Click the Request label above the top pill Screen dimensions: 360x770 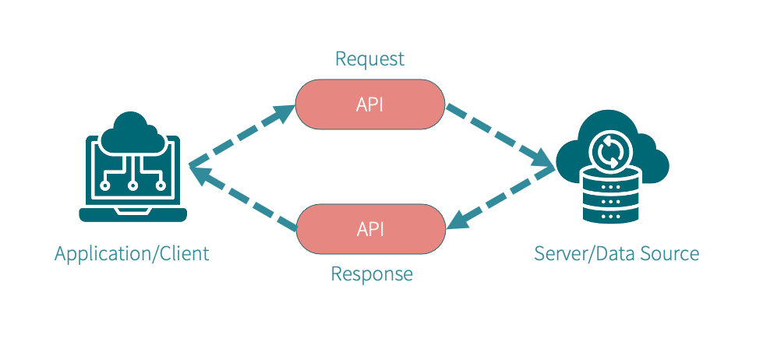369,58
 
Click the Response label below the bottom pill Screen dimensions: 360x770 371,274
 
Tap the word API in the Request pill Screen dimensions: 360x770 369,104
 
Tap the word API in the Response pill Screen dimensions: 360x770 370,228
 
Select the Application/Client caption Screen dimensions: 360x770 132,253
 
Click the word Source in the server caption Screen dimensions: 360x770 666,253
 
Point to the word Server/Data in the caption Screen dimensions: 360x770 581,253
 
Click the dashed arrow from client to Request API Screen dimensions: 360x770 242,136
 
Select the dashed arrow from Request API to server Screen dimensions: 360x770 499,136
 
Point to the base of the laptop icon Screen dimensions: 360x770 133,214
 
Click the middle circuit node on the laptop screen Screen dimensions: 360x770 133,185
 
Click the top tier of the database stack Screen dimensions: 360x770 611,180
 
